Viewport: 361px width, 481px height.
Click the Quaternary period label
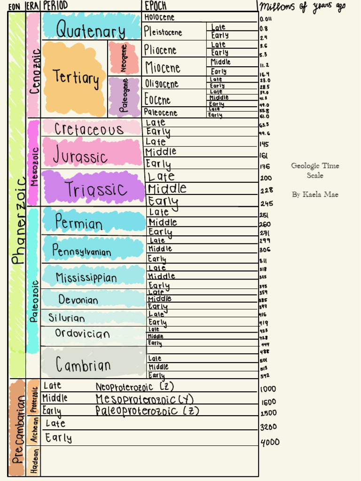coord(91,31)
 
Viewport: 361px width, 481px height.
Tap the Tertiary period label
coord(76,78)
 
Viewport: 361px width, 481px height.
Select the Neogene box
coord(124,58)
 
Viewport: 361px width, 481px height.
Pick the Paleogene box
coord(124,98)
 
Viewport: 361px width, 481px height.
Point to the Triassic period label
coord(96,190)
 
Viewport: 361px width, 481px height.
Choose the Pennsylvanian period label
coord(81,251)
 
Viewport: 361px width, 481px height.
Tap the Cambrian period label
coord(83,365)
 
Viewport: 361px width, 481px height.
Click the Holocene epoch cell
coord(159,17)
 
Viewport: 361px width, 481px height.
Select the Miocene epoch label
coord(163,68)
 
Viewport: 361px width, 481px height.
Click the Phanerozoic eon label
coord(17,221)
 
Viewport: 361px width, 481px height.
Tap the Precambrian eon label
coord(17,428)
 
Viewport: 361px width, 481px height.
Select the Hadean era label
coord(34,461)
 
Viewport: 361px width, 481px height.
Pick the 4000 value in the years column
coord(270,442)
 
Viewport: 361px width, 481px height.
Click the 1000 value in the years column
coord(268,389)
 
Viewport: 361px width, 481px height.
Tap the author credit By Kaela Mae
coord(314,194)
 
